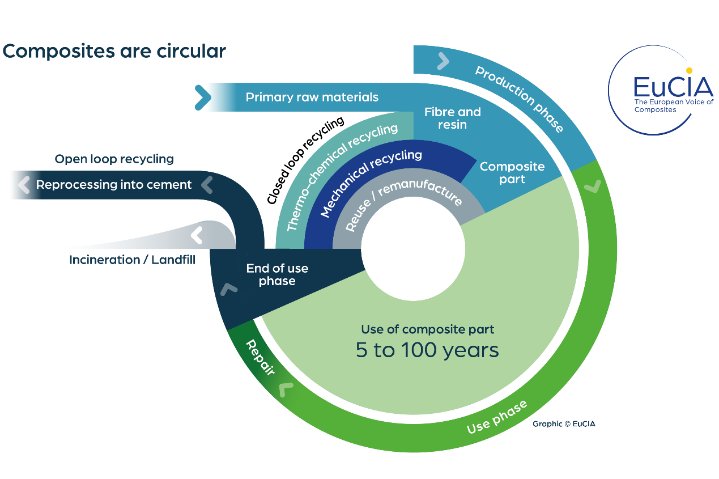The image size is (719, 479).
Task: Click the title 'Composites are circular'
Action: [114, 52]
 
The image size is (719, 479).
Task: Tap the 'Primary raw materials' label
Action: [312, 97]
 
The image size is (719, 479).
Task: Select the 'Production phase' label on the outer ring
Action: [519, 99]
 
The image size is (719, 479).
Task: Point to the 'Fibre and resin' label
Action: [452, 118]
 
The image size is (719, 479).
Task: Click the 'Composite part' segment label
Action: [512, 173]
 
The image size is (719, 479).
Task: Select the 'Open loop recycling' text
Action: [114, 159]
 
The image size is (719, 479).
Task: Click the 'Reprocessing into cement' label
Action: [114, 185]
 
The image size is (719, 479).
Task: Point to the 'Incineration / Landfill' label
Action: [132, 260]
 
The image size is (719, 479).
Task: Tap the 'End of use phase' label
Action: [277, 274]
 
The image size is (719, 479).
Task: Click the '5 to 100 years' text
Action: [427, 350]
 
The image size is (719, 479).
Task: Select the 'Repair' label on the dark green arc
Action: [260, 358]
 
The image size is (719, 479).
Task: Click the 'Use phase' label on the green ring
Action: [496, 417]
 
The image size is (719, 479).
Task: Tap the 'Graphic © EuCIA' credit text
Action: [564, 423]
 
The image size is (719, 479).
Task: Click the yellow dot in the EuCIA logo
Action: [689, 71]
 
